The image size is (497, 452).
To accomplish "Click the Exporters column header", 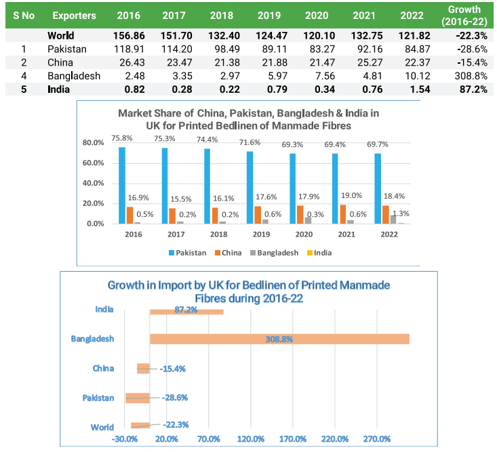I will coord(74,15).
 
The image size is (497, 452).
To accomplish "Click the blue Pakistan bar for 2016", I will coord(122,185).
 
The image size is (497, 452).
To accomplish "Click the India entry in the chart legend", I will coord(321,252).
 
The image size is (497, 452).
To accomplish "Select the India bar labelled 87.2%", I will coord(186,311).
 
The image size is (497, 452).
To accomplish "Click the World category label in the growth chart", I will coord(102,427).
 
